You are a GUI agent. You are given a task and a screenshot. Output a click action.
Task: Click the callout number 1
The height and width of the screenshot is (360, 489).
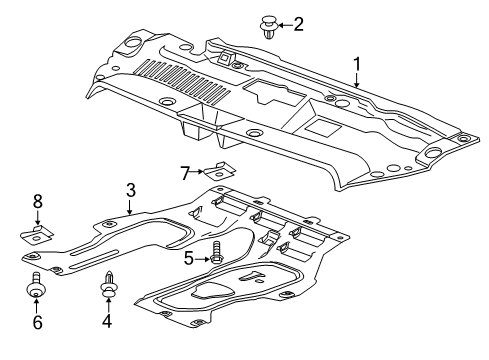355,65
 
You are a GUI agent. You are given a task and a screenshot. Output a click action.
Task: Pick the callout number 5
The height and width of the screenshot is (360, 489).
187,257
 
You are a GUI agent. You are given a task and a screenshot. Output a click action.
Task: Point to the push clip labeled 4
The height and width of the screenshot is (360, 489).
109,289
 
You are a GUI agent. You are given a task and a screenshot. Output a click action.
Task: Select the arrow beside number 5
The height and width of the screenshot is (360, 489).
200,257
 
